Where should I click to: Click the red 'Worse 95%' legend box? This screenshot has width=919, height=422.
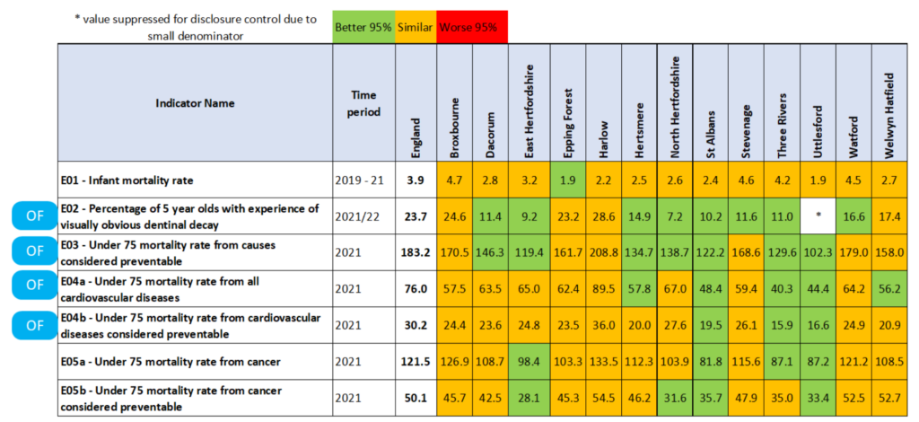click(472, 27)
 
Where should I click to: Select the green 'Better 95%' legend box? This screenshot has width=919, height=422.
click(363, 27)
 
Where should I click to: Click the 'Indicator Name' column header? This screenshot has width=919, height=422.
click(195, 103)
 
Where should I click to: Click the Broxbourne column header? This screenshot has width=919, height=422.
click(455, 103)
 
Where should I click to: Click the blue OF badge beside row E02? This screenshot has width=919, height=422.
click(34, 216)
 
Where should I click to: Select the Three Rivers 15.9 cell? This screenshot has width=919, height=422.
click(780, 324)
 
